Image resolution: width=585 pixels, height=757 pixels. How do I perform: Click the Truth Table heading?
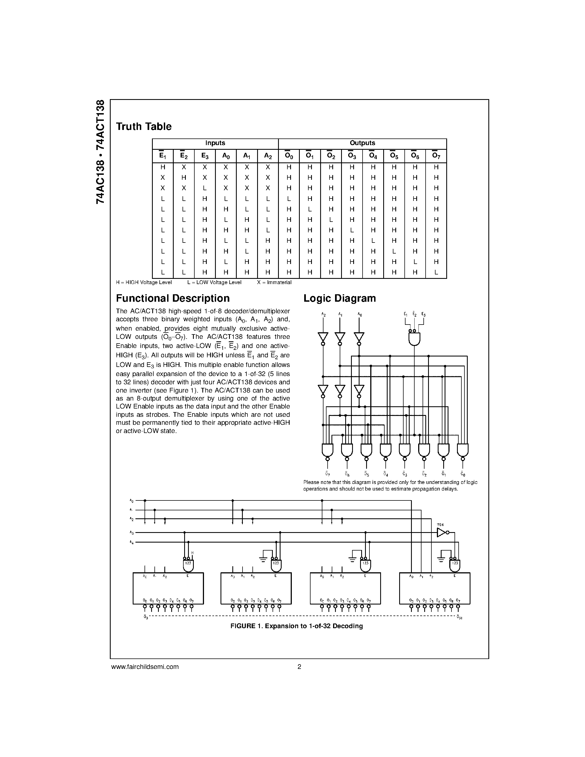tap(143, 127)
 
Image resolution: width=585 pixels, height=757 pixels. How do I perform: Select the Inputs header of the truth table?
tap(215, 143)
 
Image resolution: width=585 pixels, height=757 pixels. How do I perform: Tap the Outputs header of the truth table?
tap(362, 143)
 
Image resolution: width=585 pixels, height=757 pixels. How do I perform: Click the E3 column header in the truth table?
tap(205, 156)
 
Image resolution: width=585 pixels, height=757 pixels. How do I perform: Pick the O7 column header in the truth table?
tap(436, 156)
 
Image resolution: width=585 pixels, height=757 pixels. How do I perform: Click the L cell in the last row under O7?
tap(436, 273)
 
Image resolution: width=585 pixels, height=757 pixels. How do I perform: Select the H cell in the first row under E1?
tap(162, 167)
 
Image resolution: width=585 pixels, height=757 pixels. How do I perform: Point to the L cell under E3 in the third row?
tap(205, 188)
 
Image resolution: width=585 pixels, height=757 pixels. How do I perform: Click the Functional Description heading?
tap(173, 298)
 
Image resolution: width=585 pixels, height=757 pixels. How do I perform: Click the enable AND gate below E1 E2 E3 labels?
tap(415, 339)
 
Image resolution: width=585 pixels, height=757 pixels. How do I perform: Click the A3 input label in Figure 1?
tap(132, 532)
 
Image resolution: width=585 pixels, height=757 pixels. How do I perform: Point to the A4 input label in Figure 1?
tap(132, 542)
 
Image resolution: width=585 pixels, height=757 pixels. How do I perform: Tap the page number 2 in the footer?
tap(299, 666)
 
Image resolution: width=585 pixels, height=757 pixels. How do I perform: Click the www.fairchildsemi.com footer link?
tap(145, 666)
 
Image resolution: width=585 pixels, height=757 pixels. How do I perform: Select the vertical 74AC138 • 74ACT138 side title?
tap(100, 152)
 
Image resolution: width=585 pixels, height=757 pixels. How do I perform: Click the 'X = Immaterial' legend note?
tap(274, 282)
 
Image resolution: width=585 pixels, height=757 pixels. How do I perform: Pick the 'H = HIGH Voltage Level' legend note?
tap(144, 282)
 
